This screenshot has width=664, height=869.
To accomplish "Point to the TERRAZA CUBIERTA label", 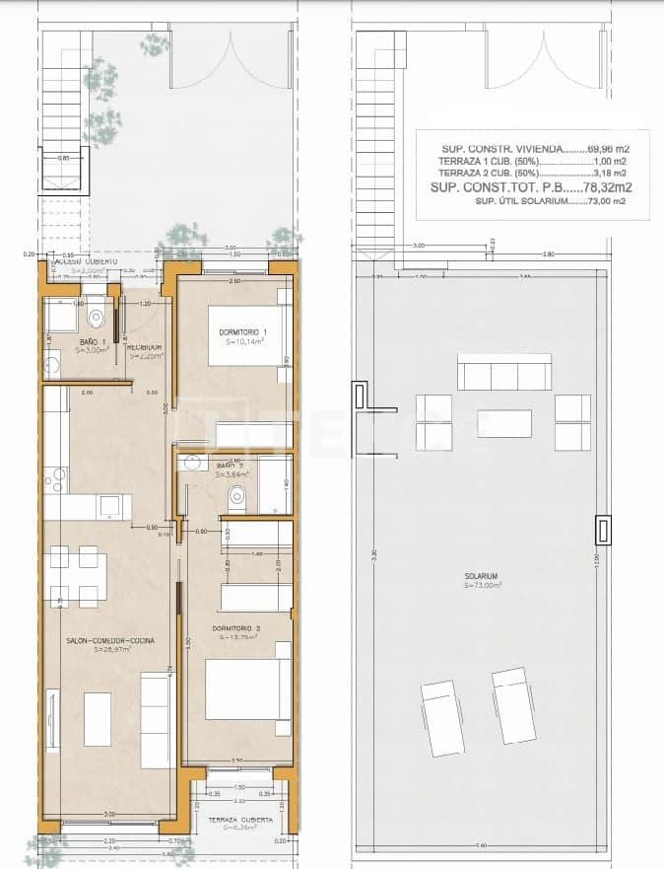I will pos(233,820).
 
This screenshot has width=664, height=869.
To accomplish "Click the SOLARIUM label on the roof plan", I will pos(482,576).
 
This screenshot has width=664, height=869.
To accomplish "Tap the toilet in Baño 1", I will pos(96,316).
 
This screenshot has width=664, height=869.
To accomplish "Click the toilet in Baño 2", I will pos(236,499).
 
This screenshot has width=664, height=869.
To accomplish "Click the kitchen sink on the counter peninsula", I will pos(110,507).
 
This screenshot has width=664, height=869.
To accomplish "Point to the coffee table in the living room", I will pos(98,719).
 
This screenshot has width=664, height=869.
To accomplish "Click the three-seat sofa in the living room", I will pos(156,720).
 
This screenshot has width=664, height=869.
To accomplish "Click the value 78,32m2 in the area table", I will pos(606,186).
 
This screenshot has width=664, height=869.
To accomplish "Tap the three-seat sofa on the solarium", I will pos(504,375).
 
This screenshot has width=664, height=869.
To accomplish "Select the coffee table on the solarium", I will pos(504,422).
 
